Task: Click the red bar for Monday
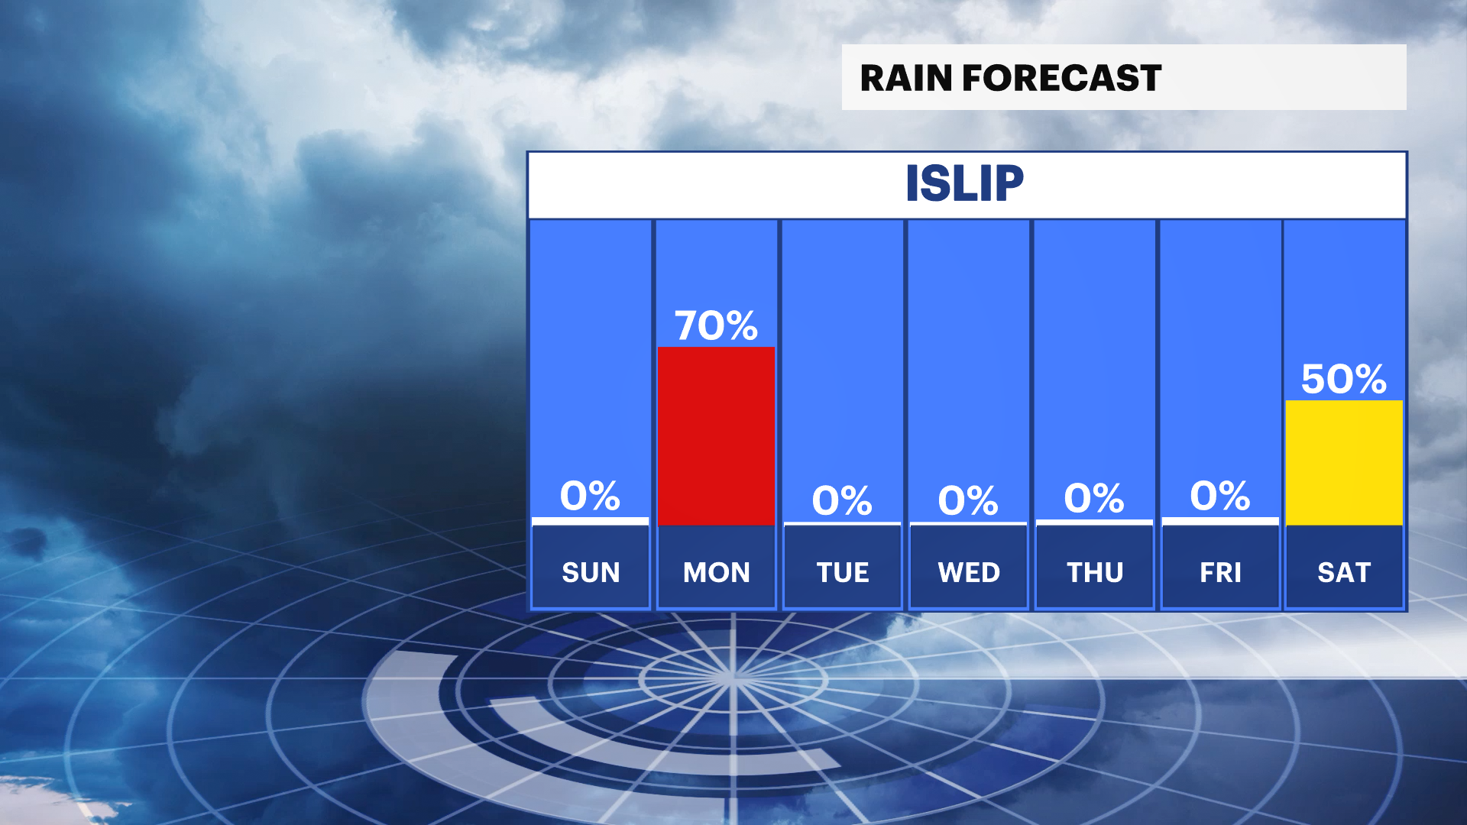(x=716, y=436)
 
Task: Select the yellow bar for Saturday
(x=1344, y=463)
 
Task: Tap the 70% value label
(x=716, y=325)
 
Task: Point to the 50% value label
(x=1344, y=379)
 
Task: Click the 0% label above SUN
(x=590, y=496)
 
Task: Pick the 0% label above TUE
(x=842, y=501)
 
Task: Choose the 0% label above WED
(x=968, y=501)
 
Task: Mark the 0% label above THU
(x=1094, y=498)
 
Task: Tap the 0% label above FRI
(x=1220, y=496)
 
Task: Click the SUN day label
(x=591, y=572)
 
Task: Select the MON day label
(x=717, y=572)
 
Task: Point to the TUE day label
(x=843, y=572)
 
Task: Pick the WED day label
(x=969, y=572)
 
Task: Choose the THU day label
(x=1095, y=572)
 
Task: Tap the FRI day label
(x=1220, y=572)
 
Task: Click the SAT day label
(x=1344, y=572)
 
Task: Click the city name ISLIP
(x=965, y=183)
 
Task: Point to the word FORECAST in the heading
(x=1062, y=78)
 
